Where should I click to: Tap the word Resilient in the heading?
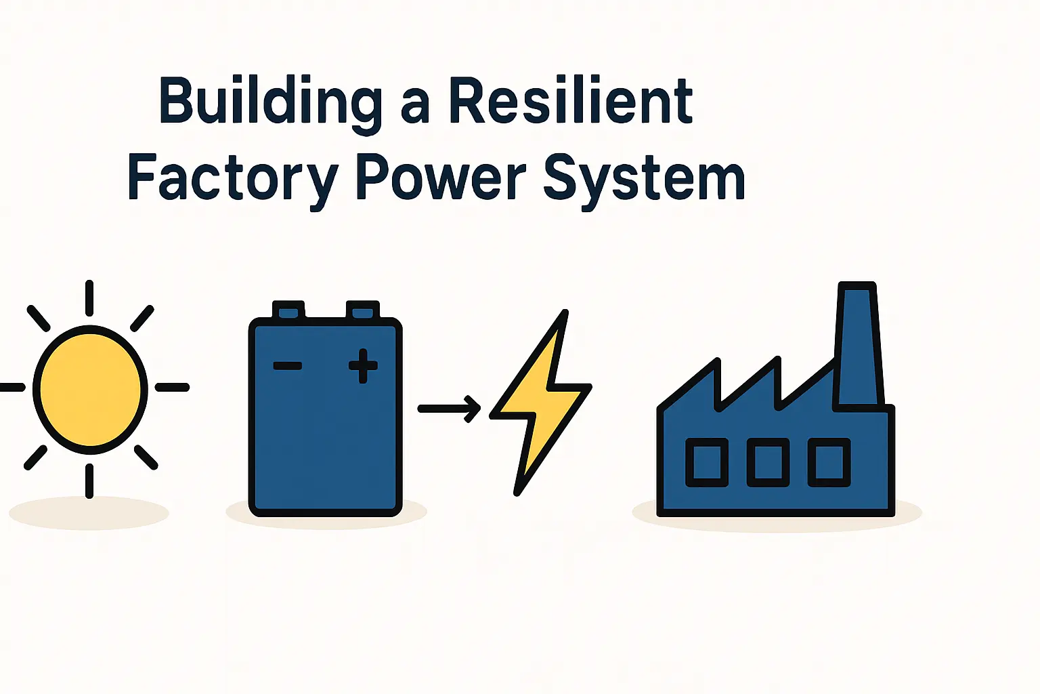click(571, 102)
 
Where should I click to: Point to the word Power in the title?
click(441, 178)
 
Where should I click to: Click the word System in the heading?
click(644, 178)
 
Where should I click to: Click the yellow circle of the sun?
click(90, 389)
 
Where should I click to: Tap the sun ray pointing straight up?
click(89, 298)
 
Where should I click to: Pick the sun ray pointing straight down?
click(89, 481)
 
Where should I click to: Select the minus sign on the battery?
click(287, 366)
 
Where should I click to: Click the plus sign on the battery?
click(363, 366)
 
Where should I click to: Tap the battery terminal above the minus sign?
click(288, 310)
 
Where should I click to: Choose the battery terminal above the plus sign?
click(362, 310)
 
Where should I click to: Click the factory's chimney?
click(859, 346)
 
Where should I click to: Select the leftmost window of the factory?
click(707, 462)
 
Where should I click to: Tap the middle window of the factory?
click(768, 462)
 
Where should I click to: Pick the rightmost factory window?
click(829, 462)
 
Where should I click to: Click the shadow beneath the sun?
click(89, 513)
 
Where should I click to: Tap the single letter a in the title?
click(414, 106)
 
